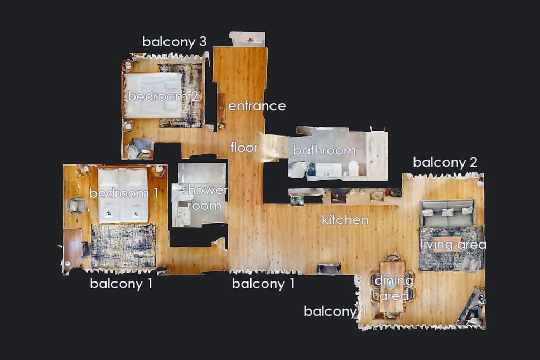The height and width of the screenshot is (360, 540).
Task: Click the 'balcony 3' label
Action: [x=174, y=42]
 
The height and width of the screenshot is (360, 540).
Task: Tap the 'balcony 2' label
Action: [x=445, y=162]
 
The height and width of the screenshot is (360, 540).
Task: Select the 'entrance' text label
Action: [x=257, y=106]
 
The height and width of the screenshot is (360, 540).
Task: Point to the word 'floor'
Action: [x=244, y=147]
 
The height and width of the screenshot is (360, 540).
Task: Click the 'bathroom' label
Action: [x=324, y=150]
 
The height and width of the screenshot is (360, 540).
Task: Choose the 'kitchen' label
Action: [x=345, y=220]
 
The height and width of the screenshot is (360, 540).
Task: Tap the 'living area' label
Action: [x=453, y=245]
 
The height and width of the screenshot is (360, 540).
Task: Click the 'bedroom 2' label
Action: [x=162, y=96]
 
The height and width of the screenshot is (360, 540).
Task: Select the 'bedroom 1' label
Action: [x=123, y=193]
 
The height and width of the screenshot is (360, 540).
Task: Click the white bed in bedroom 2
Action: [x=153, y=95]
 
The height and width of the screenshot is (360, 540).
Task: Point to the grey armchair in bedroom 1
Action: [x=76, y=206]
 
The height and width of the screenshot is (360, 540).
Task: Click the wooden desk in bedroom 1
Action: [x=73, y=248]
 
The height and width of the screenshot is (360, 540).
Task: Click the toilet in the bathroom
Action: [x=353, y=168]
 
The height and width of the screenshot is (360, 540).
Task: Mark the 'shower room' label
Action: [x=205, y=198]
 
